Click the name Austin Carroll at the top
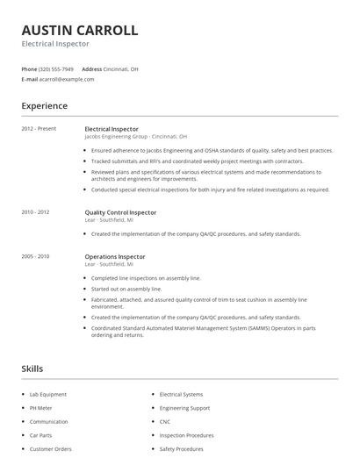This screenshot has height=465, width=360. click(79, 30)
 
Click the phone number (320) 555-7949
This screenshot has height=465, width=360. click(57, 68)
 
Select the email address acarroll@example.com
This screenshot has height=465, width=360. click(67, 79)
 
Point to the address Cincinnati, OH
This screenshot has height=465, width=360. click(122, 68)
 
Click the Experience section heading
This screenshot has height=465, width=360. click(44, 106)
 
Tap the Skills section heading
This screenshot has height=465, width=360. click(32, 368)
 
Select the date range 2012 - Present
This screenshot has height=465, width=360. click(39, 129)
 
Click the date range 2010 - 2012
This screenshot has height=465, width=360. click(35, 211)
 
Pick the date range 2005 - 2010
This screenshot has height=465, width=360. click(35, 256)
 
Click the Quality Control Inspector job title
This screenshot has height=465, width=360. click(120, 211)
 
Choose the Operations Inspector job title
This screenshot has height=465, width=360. click(115, 256)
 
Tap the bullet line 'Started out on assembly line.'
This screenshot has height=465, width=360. click(126, 289)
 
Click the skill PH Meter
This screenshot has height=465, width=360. click(41, 408)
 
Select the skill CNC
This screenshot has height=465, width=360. click(164, 421)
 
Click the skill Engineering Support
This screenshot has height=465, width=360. click(184, 408)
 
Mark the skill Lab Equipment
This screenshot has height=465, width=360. click(48, 394)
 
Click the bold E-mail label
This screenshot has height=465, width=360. click(29, 79)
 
